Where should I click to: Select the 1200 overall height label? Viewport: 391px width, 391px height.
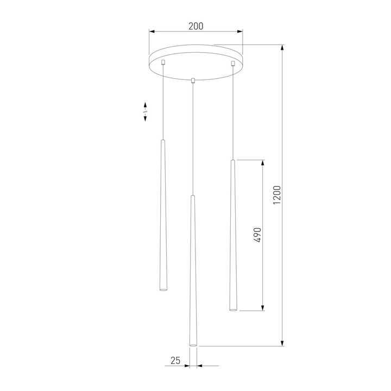point(277,195)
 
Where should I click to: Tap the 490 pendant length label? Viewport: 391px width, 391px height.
point(258,235)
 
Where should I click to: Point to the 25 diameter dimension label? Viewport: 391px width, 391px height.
point(175,360)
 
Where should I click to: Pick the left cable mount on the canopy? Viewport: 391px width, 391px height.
point(163,65)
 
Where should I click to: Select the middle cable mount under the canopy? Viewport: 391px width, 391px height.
point(193,80)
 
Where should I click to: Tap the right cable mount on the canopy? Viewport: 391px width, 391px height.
point(233,65)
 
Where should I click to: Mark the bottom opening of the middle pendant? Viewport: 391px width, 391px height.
point(192,344)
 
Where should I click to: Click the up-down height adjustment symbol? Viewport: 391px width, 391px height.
point(145,111)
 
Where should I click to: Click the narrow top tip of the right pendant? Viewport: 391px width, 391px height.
point(232,161)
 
